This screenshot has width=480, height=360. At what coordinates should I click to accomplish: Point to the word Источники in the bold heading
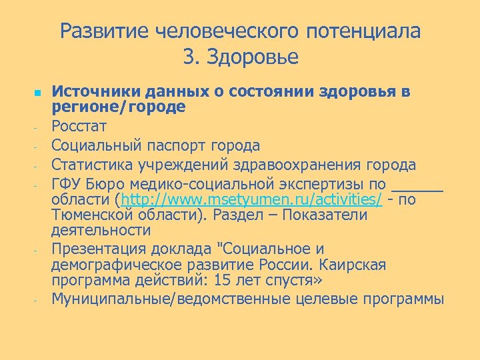(93, 91)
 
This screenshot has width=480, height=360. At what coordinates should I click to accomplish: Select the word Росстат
(79, 125)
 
